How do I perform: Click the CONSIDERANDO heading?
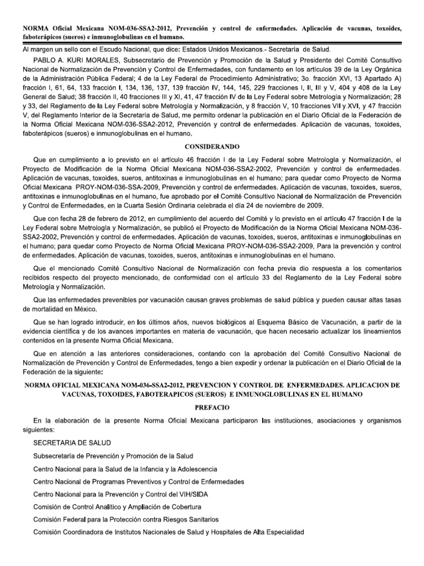[211, 149]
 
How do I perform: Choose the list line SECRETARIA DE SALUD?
[72, 443]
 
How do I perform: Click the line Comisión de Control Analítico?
[117, 506]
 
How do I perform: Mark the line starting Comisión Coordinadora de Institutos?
[168, 532]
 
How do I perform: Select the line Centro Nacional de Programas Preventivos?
[139, 481]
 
